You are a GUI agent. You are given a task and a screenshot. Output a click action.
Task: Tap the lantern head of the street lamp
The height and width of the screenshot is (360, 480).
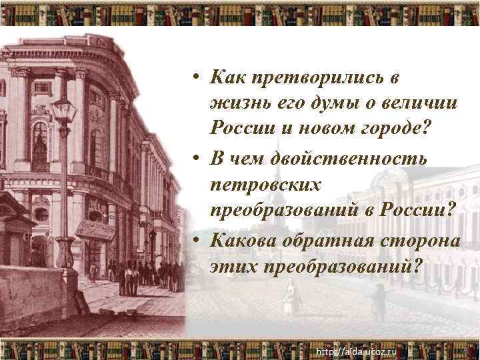coord(64,108)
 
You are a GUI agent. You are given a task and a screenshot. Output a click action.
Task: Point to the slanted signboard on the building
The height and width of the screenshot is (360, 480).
coord(95,228)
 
